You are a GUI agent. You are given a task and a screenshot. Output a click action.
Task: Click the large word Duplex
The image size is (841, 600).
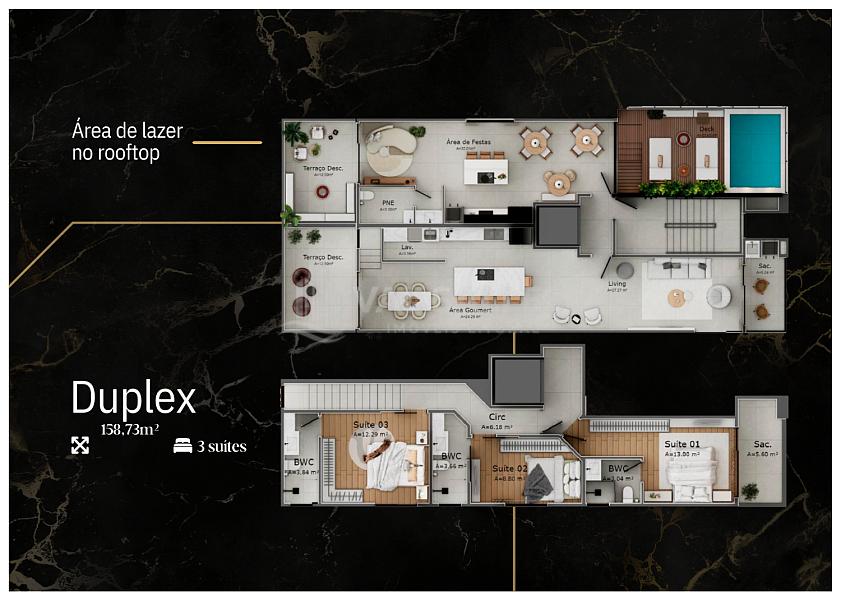tap(133, 399)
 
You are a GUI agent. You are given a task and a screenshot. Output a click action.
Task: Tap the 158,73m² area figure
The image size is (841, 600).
tap(129, 430)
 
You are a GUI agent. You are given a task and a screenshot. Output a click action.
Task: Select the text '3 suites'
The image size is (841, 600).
tap(221, 446)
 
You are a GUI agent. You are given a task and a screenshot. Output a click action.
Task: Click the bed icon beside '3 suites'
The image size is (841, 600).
tap(183, 446)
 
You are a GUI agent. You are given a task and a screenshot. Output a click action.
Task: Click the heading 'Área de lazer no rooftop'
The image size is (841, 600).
tap(126, 142)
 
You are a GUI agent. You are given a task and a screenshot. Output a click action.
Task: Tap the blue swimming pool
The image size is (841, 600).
tap(754, 151)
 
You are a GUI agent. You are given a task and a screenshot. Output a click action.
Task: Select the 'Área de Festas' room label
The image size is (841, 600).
tap(466, 143)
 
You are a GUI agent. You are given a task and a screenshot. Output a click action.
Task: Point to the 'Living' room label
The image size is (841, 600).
tap(617, 284)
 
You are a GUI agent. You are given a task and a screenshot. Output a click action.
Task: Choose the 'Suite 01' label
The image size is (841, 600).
tap(682, 444)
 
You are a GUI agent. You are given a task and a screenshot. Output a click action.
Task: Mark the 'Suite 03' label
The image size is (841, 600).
tap(371, 425)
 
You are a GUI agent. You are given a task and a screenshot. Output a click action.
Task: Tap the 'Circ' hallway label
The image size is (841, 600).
tap(496, 417)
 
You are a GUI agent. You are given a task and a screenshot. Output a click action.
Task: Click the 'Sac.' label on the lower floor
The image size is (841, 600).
tap(763, 444)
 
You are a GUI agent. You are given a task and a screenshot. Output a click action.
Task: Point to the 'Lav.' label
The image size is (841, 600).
tap(408, 246)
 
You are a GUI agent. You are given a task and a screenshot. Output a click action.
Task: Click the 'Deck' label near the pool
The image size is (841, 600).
tap(707, 128)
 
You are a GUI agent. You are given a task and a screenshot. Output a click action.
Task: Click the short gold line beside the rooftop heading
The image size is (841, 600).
tap(227, 142)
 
